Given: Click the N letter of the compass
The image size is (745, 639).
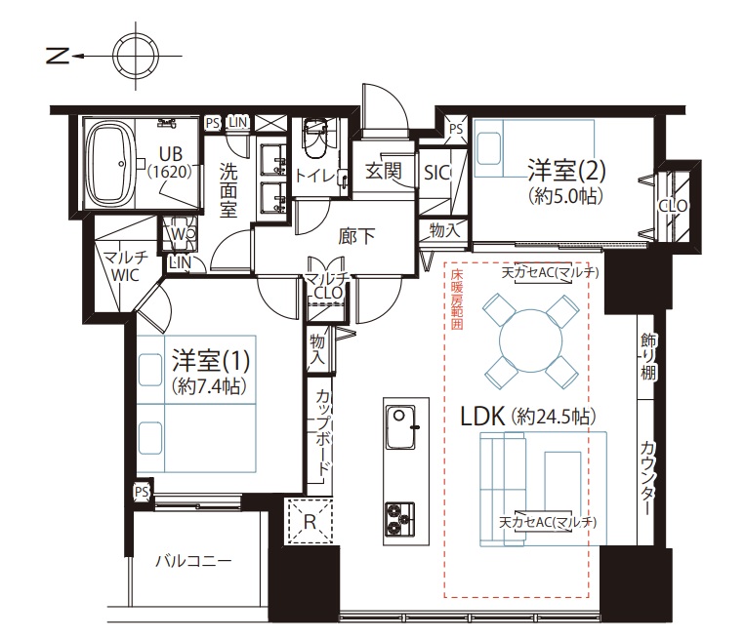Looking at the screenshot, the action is pyautogui.click(x=59, y=56).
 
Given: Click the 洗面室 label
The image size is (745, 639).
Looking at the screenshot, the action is pyautogui.click(x=228, y=190).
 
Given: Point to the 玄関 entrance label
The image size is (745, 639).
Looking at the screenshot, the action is pyautogui.click(x=384, y=171).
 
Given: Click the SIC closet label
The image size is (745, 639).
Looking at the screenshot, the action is pyautogui.click(x=437, y=173).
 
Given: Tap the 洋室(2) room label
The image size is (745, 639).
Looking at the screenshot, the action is pyautogui.click(x=567, y=171).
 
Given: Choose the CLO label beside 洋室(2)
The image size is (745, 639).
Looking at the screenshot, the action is pyautogui.click(x=674, y=206).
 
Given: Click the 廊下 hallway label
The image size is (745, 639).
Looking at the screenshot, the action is pyautogui.click(x=356, y=236).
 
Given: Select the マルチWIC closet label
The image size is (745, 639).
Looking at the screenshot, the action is pyautogui.click(x=125, y=266).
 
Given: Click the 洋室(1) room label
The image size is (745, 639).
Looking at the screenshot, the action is pyautogui.click(x=211, y=361).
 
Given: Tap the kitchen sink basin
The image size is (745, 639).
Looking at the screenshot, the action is pyautogui.click(x=400, y=426).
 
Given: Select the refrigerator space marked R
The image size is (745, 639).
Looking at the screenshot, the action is pyautogui.click(x=310, y=521).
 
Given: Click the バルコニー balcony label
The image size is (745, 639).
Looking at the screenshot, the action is pyautogui.click(x=194, y=561).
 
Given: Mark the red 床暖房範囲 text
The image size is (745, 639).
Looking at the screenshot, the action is pyautogui.click(x=457, y=300).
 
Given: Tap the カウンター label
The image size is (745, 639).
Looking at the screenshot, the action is pyautogui.click(x=647, y=479).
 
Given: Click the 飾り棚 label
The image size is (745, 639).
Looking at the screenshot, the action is pyautogui.click(x=648, y=356).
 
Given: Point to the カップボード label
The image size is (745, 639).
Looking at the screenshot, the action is pyautogui.click(x=323, y=433).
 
